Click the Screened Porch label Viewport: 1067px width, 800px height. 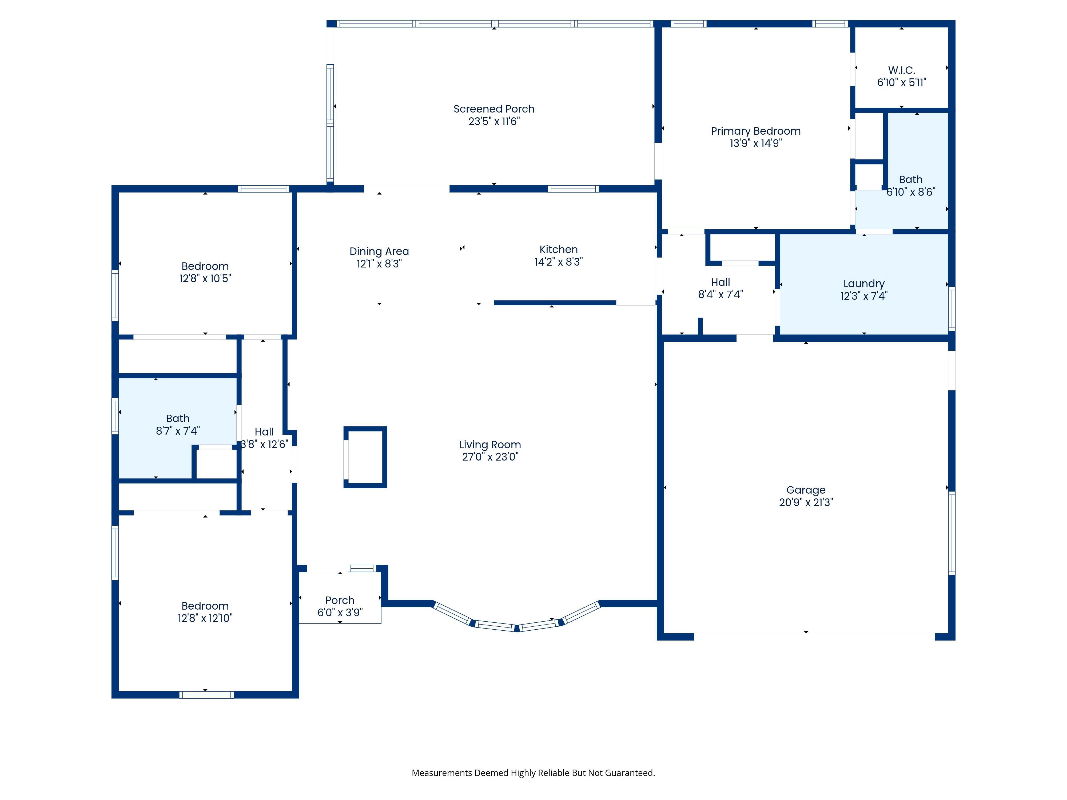(x=494, y=109)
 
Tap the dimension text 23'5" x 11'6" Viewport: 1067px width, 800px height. (x=494, y=122)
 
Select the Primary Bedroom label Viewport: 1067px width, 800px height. (x=755, y=131)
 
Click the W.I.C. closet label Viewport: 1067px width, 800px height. (x=902, y=70)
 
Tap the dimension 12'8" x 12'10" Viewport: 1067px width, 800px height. (x=205, y=618)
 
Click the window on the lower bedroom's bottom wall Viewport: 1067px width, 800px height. (x=206, y=695)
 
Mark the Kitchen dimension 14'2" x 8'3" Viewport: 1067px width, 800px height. (x=559, y=262)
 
